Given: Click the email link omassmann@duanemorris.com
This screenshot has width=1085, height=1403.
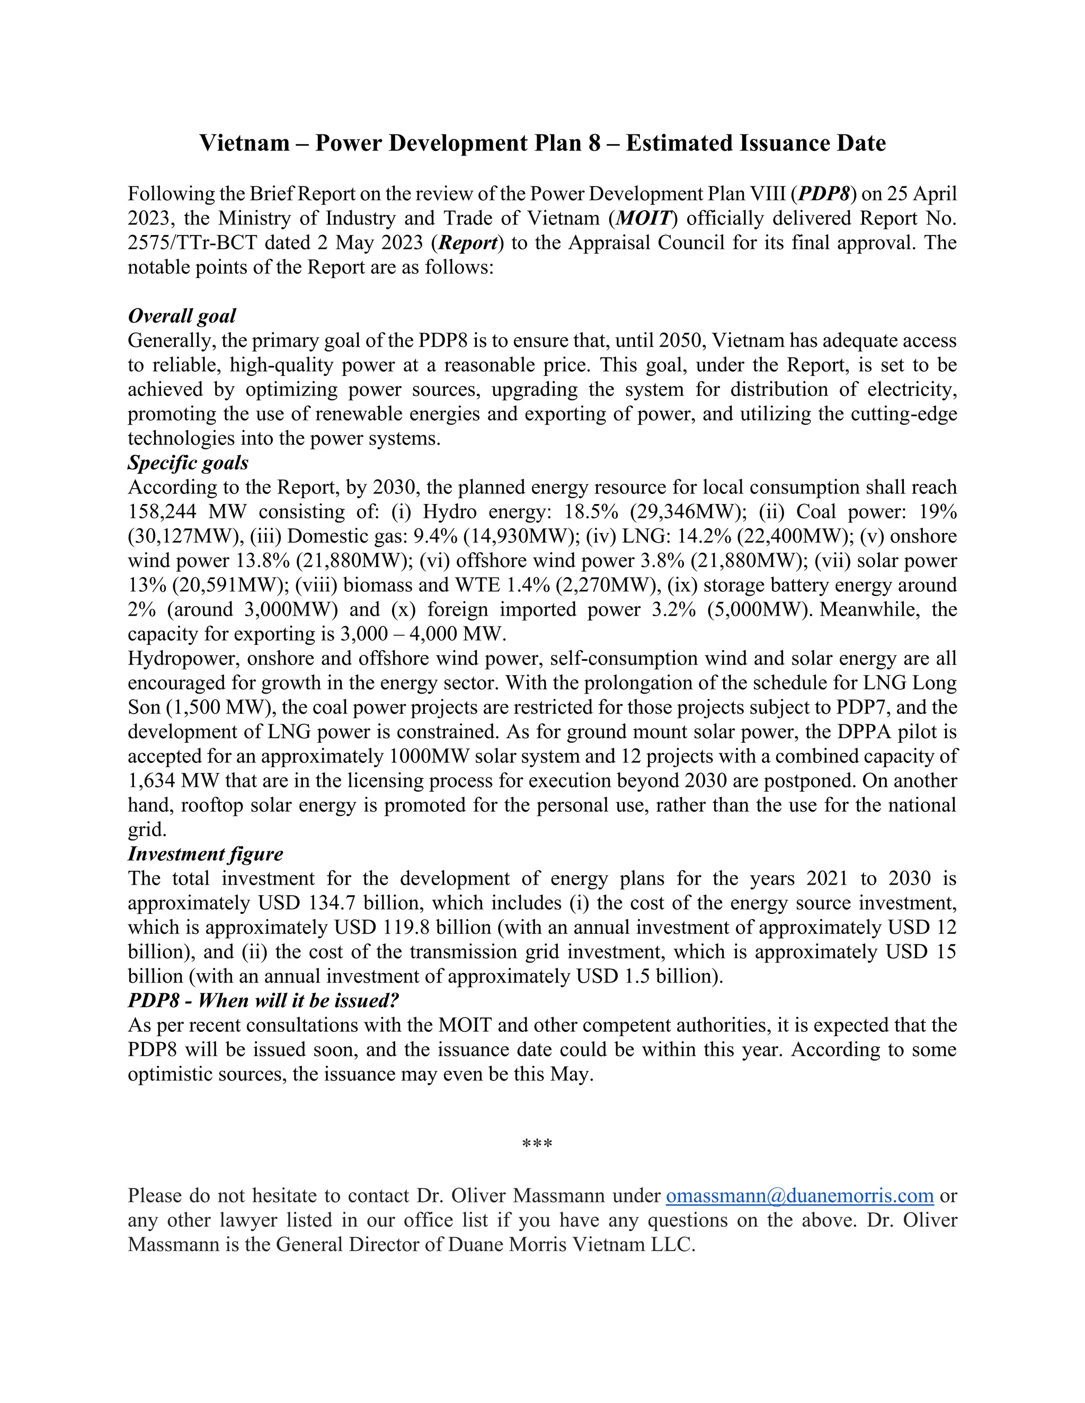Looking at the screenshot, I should click(x=799, y=1196).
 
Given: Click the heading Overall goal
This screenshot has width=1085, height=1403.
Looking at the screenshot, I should click(x=182, y=316).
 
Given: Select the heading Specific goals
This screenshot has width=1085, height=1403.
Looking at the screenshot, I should click(x=188, y=463).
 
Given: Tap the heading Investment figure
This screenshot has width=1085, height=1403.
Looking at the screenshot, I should click(x=205, y=855).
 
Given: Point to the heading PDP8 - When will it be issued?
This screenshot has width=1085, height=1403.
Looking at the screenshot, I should click(x=263, y=1001).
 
